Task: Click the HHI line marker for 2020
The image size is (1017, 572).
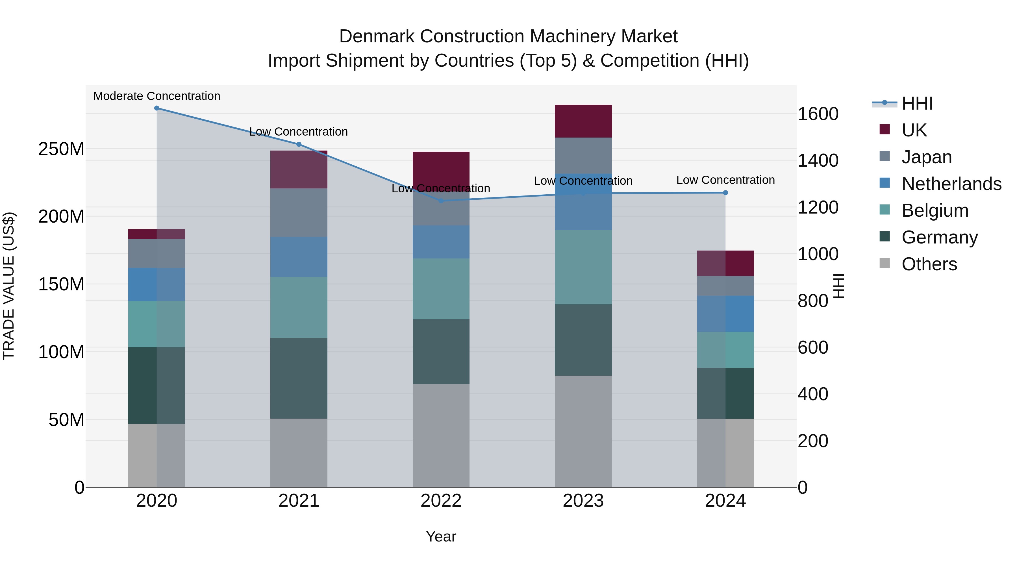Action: click(x=157, y=108)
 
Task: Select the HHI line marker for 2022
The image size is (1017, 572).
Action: click(x=441, y=201)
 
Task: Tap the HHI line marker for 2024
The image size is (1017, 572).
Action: click(x=725, y=193)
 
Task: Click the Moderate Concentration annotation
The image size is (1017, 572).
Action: click(x=157, y=96)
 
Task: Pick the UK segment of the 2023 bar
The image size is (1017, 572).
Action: click(x=583, y=121)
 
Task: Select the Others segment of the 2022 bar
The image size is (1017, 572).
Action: click(x=441, y=435)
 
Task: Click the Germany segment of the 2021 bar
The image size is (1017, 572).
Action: click(x=299, y=378)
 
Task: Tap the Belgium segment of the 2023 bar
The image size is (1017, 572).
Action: click(x=583, y=267)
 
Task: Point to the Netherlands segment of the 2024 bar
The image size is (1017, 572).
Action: click(x=725, y=314)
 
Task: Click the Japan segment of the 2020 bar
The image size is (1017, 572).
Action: click(x=157, y=253)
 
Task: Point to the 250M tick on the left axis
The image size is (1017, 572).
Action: click(x=61, y=149)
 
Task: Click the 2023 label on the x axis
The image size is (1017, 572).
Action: click(x=583, y=501)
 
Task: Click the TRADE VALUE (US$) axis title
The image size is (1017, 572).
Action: click(x=9, y=286)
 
